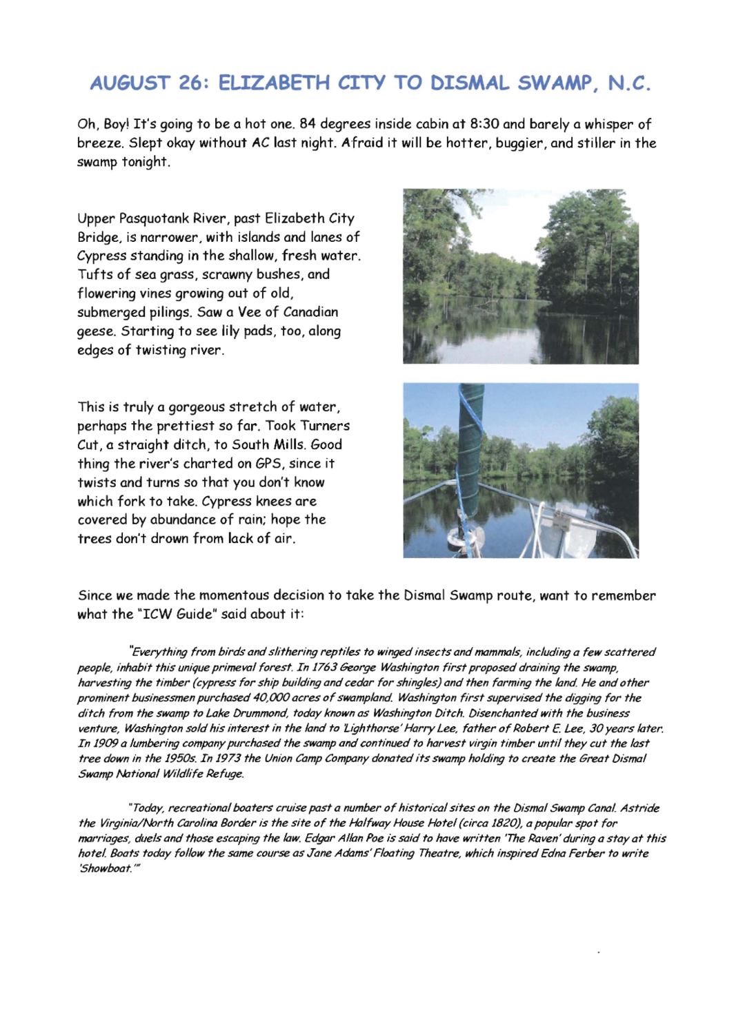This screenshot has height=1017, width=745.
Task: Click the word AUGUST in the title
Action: pos(130,83)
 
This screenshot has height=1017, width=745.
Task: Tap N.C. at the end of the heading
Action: pos(629,83)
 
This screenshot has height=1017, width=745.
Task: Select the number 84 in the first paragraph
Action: pos(308,124)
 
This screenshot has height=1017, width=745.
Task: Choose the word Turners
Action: pos(325,426)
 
